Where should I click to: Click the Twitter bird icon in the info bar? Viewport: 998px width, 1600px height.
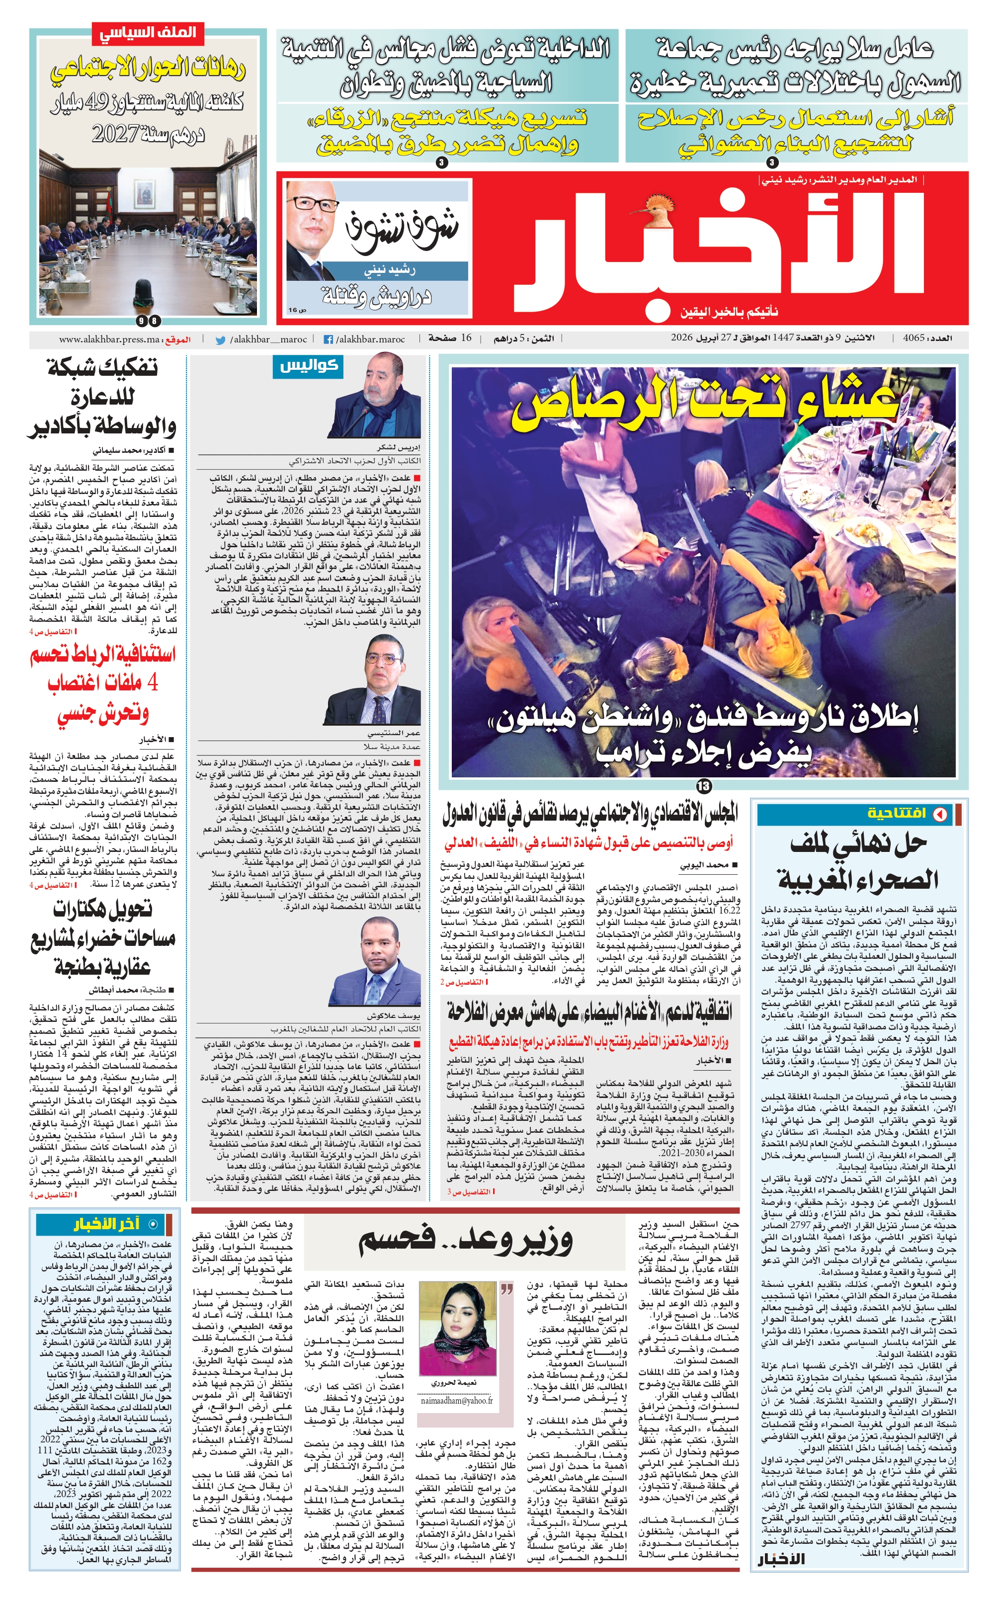pos(221,340)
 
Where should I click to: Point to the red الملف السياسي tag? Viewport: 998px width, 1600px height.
pos(148,33)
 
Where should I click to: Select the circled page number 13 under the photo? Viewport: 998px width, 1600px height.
pos(704,785)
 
